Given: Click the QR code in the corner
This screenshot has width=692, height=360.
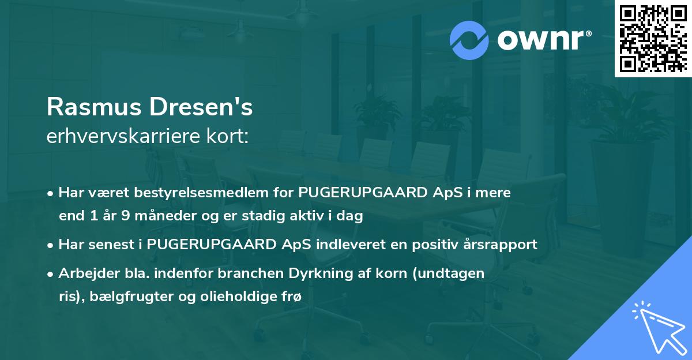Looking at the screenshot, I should pyautogui.click(x=653, y=38).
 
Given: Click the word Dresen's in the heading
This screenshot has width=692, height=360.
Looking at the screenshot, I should pyautogui.click(x=204, y=107).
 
